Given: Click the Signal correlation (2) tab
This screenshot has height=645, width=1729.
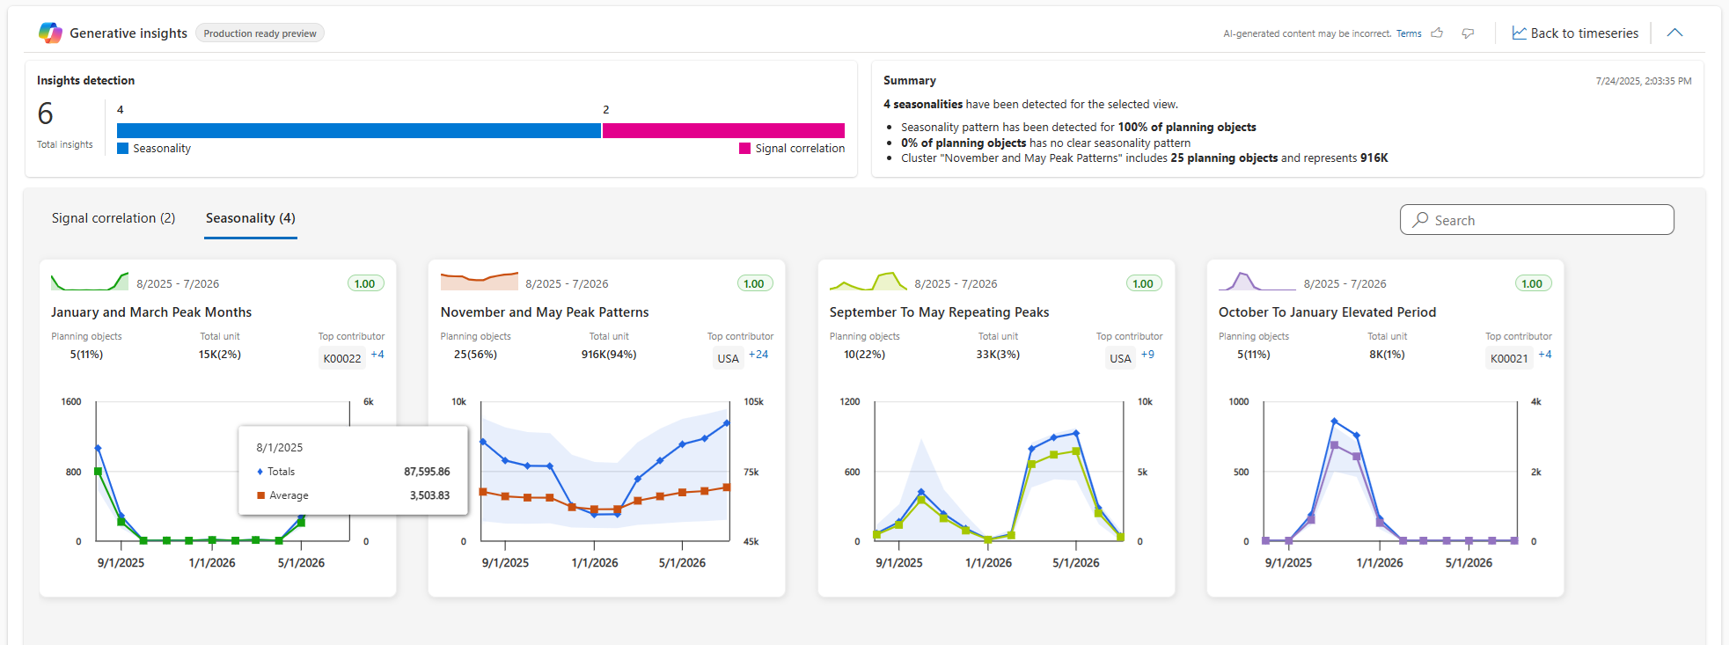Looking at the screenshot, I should [114, 218].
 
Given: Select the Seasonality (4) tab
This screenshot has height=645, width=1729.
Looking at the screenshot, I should [251, 218].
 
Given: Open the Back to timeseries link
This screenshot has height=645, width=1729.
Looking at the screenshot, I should [1575, 33].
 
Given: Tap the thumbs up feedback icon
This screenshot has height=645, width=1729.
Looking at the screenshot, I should [1437, 33].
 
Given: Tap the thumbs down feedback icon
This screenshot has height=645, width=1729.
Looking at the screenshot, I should [1468, 33].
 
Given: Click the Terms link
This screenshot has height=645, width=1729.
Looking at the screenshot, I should [1409, 33].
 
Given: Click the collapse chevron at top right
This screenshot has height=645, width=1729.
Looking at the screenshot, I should [1674, 33].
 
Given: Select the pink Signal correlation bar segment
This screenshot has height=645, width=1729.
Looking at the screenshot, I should [723, 131].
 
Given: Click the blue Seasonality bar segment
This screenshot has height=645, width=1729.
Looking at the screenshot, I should [359, 131].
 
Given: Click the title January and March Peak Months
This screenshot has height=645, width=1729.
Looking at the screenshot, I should [151, 312].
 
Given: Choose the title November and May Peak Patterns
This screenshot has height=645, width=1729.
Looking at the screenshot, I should [545, 312].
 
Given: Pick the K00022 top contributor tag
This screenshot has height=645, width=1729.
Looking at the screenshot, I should [342, 358].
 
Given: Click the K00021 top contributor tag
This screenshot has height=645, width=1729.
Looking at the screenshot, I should [1509, 358].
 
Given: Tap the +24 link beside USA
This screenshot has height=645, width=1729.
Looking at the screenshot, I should [758, 355].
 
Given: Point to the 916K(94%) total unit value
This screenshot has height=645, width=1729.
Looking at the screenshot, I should [609, 355].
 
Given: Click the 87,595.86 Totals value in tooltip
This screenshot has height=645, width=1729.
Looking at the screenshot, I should [427, 472].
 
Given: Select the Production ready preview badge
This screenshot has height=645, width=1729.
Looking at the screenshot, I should [260, 33].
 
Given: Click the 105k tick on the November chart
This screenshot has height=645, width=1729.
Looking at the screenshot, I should [753, 402].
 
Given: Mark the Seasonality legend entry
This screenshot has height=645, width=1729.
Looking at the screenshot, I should [155, 149].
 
